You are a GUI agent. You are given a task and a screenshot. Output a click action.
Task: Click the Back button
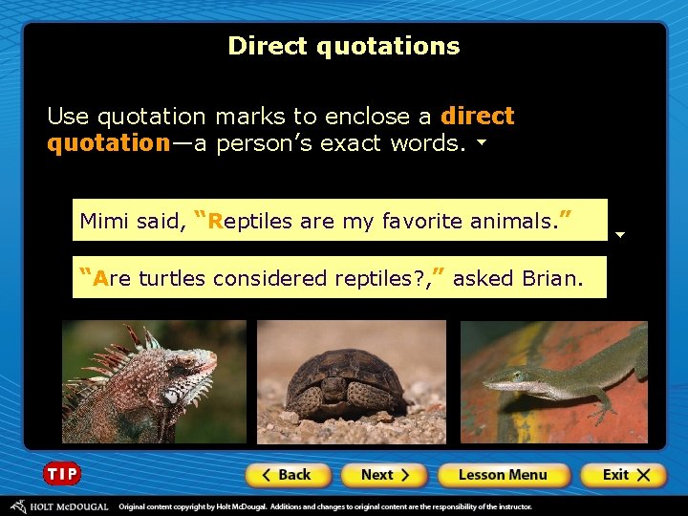(x=288, y=475)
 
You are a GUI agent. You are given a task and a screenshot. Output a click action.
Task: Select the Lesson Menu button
(x=503, y=475)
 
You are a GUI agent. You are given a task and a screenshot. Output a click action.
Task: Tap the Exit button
(x=622, y=475)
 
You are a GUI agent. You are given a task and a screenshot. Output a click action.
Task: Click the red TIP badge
(x=62, y=474)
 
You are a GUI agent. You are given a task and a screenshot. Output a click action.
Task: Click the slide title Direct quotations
(x=344, y=46)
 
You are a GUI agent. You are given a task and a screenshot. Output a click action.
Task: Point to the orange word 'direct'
(x=478, y=117)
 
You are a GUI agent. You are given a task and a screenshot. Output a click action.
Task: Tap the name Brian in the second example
(x=551, y=278)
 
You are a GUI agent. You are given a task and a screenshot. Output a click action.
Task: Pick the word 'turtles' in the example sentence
(x=172, y=278)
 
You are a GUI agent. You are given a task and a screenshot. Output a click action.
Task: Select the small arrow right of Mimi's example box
(x=619, y=234)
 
